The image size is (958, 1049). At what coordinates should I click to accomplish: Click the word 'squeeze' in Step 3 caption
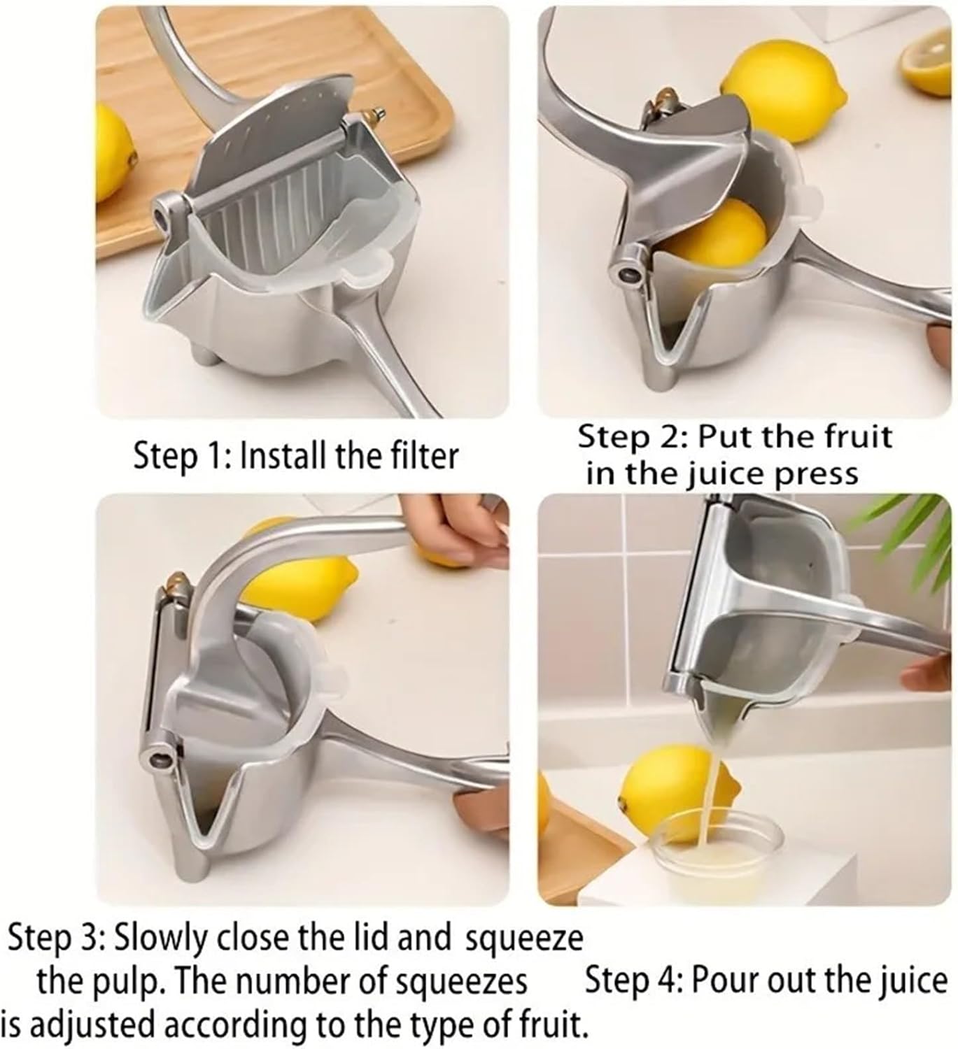[x=523, y=939]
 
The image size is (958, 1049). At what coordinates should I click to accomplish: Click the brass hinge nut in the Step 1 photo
[x=375, y=114]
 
